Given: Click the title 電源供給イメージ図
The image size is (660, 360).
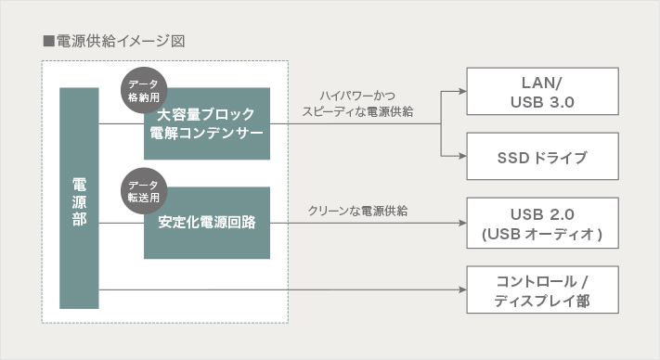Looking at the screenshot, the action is tap(121, 41).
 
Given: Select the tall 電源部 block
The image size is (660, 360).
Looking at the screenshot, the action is tap(79, 198).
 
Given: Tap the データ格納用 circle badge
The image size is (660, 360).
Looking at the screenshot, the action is tap(144, 90).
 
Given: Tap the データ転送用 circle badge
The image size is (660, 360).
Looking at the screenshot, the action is tap(144, 191).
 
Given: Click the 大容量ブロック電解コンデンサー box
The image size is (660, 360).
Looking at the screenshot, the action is tap(207, 123).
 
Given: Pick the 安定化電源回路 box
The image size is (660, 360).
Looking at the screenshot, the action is tap(207, 223).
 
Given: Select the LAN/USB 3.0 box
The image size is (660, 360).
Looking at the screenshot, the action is tap(542, 91).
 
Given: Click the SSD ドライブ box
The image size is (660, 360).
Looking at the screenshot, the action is tap(542, 157).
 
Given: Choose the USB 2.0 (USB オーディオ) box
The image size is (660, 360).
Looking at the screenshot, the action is tap(542, 223).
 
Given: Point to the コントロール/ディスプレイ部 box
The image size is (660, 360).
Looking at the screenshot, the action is tap(542, 289).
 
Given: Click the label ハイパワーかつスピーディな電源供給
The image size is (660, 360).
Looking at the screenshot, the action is tap(357, 104).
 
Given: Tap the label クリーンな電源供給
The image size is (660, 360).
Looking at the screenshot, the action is tap(357, 211).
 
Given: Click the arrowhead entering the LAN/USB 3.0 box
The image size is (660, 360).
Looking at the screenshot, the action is tap(462, 91).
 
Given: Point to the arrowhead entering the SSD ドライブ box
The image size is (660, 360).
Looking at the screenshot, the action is tap(462, 156).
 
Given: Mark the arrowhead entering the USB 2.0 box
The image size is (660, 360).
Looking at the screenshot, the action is tap(462, 223).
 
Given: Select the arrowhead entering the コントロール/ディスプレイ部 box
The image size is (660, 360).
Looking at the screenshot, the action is tap(462, 289).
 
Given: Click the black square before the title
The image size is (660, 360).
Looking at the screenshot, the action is tap(49, 41).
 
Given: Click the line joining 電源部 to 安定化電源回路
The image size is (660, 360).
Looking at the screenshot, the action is tap(122, 223).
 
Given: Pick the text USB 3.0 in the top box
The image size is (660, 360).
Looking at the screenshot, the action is tap(542, 102).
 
